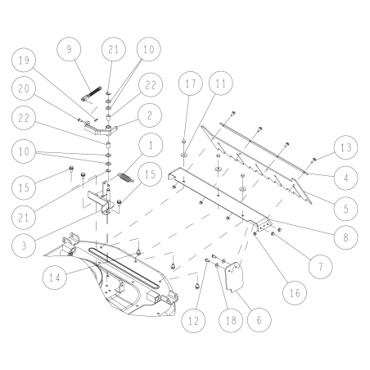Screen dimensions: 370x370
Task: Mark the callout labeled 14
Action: click(56, 277)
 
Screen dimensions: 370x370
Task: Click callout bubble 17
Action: click(190, 83)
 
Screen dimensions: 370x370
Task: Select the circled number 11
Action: click(219, 83)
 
